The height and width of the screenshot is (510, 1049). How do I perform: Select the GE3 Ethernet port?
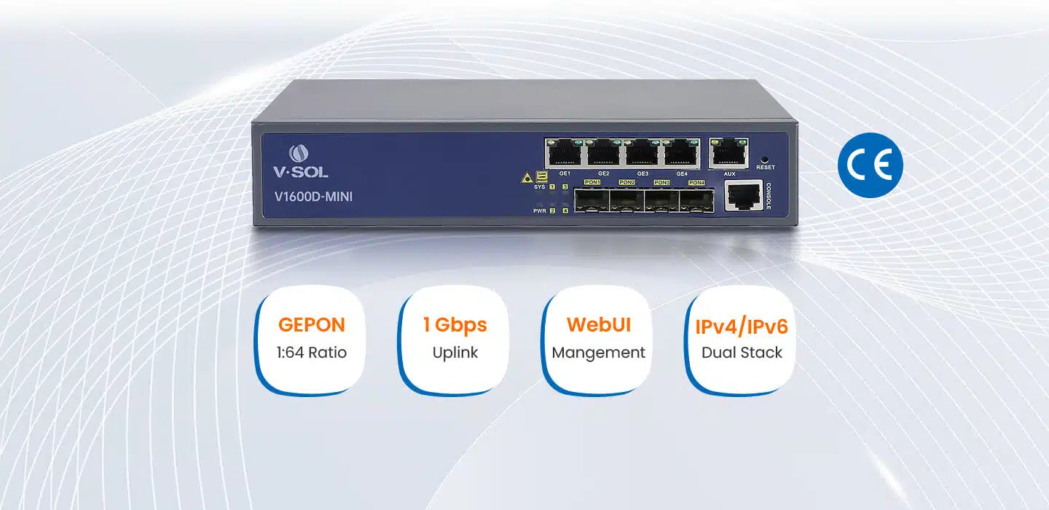coord(643,153)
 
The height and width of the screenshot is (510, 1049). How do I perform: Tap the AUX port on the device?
coord(729,152)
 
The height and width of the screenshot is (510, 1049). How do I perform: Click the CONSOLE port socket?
coord(743,196)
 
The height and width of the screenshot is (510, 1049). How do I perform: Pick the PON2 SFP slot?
coord(626,200)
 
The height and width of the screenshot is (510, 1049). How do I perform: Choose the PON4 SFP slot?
coord(696,200)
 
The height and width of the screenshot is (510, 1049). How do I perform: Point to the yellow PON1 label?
coord(592,182)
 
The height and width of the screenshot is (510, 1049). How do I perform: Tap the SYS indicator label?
coord(540,187)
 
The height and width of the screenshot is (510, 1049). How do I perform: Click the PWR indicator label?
coord(540,211)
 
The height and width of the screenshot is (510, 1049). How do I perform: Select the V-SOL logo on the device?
coord(300,162)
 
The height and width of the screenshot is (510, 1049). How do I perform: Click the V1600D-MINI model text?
coord(313,196)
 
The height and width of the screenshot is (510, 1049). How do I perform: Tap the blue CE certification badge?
coord(870,165)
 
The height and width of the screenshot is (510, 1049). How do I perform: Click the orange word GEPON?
coord(311,325)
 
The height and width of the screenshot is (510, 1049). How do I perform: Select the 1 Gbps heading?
coord(455,325)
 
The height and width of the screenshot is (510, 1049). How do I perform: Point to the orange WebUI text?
coord(598,324)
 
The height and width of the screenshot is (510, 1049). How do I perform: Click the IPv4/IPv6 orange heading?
coord(741,326)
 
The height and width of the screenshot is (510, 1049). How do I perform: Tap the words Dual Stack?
coord(742,353)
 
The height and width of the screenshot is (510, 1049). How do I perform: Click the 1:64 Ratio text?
coord(311,353)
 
